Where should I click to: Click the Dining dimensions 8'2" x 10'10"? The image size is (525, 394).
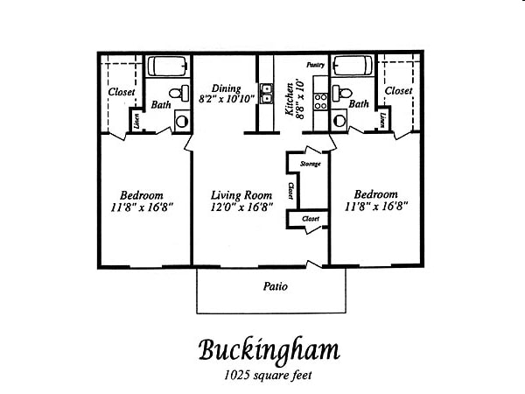click(227, 99)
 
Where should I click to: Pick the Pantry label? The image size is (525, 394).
click(315, 65)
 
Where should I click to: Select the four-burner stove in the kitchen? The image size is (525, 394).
click(320, 99)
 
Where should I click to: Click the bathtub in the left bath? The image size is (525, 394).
click(168, 67)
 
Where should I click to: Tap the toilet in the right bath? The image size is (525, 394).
click(343, 92)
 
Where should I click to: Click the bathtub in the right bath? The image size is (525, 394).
click(353, 67)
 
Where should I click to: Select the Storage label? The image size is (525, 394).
click(310, 164)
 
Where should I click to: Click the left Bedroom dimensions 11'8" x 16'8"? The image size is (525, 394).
click(143, 208)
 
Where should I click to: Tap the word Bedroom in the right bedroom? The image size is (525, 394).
click(376, 194)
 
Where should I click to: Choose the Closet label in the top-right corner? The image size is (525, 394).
click(398, 90)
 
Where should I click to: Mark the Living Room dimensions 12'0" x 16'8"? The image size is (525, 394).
click(243, 208)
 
